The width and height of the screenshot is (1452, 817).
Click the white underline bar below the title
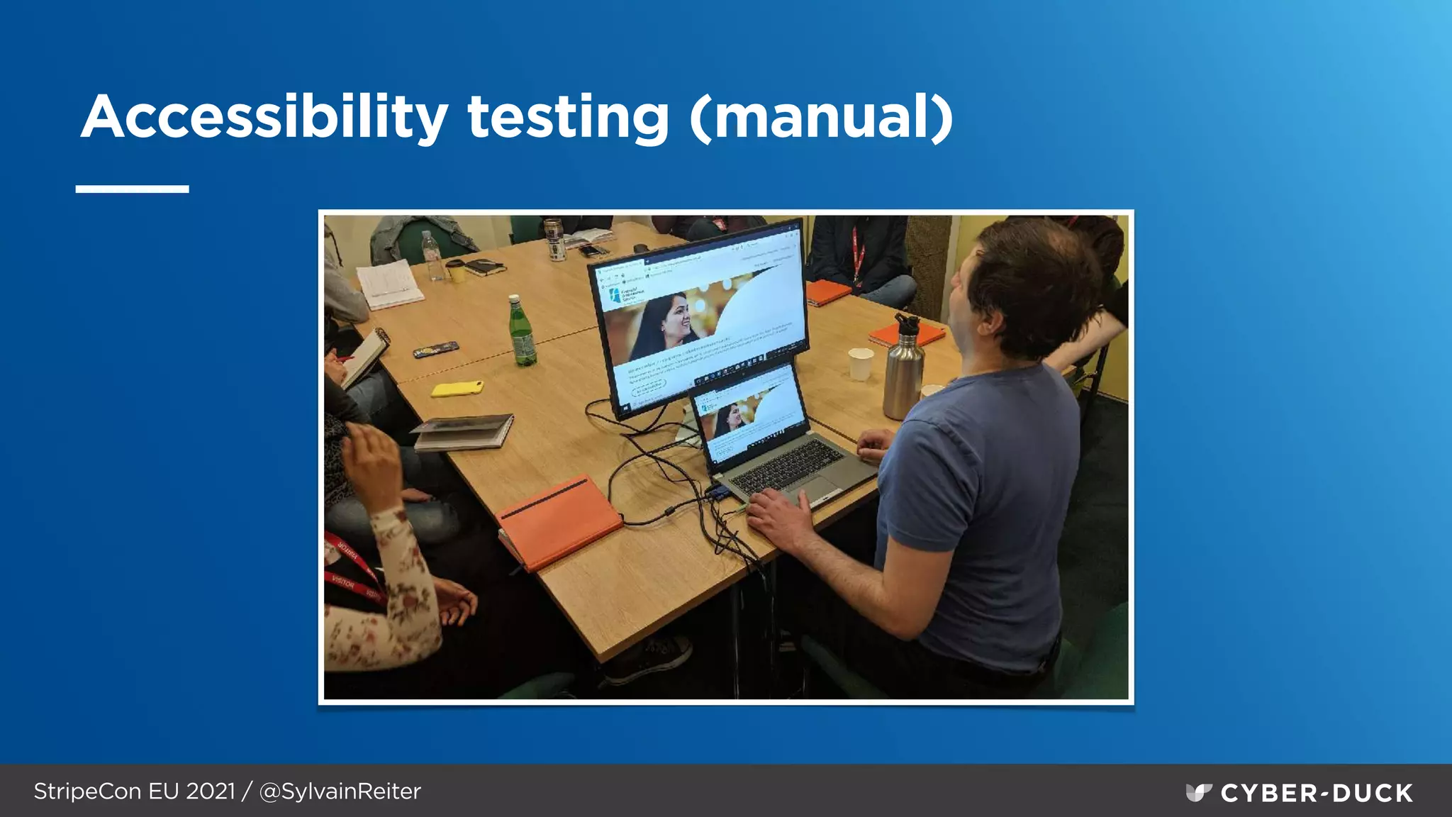point(132,189)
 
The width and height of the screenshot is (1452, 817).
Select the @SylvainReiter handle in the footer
point(340,791)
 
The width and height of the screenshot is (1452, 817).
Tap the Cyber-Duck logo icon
point(1198,792)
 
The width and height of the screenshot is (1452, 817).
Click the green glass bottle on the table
point(523,333)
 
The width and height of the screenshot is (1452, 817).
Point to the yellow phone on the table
point(457,388)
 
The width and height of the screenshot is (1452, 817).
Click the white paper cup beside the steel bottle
point(861,364)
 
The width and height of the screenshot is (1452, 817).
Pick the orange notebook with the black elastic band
point(558,521)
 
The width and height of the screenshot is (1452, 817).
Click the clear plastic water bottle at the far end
point(431,255)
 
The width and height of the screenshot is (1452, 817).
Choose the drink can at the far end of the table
point(554,240)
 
